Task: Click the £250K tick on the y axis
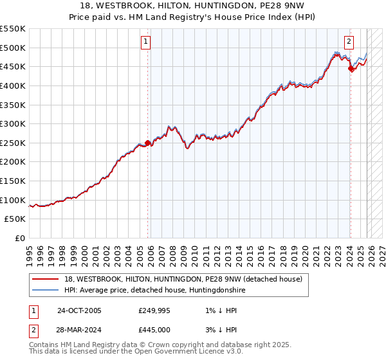click(12, 143)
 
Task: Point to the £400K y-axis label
click(12, 85)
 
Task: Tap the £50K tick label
click(15, 219)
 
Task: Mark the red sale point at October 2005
click(148, 143)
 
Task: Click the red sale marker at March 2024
click(351, 69)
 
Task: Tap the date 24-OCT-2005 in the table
click(79, 310)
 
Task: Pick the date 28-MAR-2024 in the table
click(80, 329)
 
